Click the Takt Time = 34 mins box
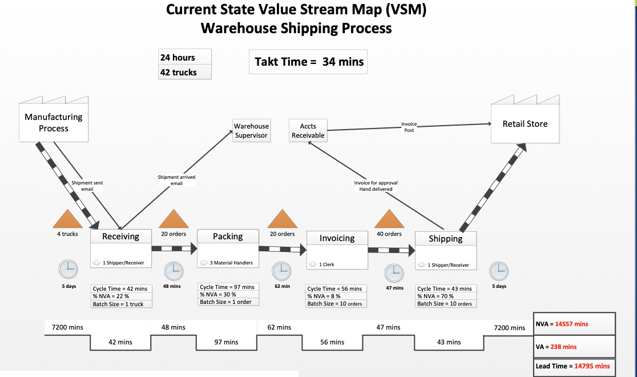[308, 62]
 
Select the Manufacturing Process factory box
[54, 122]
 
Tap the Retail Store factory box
[525, 123]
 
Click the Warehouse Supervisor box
[251, 130]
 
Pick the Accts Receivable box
[308, 130]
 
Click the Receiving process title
[120, 236]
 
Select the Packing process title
[228, 236]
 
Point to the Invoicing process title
[337, 238]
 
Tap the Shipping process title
[446, 238]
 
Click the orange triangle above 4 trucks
[68, 219]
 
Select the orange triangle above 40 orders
[389, 219]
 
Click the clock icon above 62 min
[280, 271]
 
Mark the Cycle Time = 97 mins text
[227, 287]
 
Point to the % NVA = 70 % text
[436, 296]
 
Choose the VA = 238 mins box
[574, 346]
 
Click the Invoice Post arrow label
[409, 127]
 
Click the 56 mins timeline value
[332, 342]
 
